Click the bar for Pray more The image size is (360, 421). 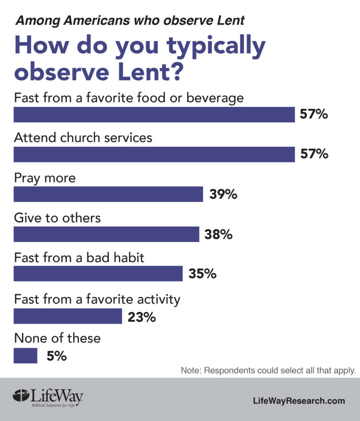(108, 194)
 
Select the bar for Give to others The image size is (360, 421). (106, 234)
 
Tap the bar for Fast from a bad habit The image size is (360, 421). (98, 273)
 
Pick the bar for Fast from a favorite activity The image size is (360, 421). (68, 316)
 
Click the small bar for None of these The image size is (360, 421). (25, 356)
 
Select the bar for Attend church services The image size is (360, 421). (154, 154)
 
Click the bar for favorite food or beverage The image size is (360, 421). (154, 115)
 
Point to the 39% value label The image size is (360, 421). (223, 194)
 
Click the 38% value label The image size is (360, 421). (219, 234)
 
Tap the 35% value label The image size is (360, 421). (202, 274)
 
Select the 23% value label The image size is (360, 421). (142, 317)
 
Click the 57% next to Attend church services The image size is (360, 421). (314, 154)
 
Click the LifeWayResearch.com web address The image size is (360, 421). (299, 401)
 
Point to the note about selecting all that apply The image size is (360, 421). (268, 370)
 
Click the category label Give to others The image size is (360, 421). (58, 217)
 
